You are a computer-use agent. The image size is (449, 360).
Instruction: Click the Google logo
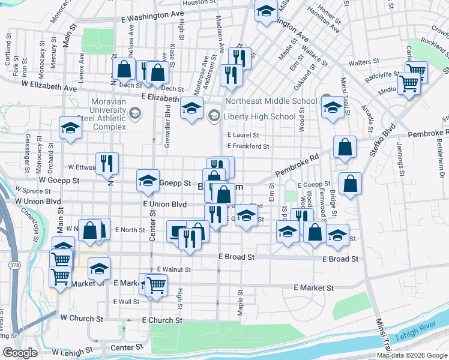tap(20, 353)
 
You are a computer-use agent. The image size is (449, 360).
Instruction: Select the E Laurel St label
tap(243, 136)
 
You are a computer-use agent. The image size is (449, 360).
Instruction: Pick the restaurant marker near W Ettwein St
tap(107, 163)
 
